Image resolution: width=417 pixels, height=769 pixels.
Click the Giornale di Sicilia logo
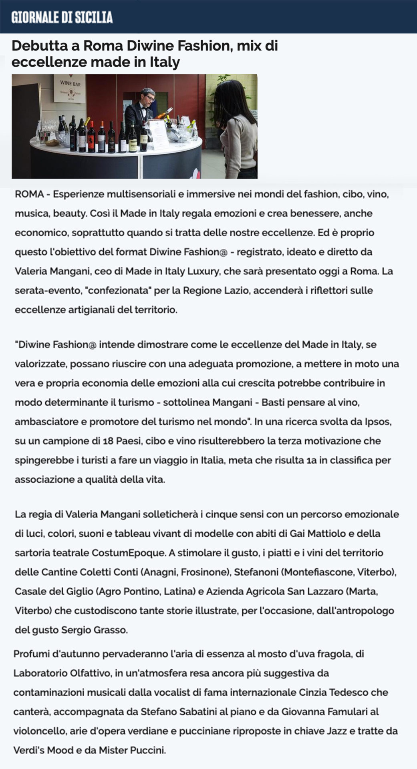(62, 17)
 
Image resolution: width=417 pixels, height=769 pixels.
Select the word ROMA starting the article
(29, 194)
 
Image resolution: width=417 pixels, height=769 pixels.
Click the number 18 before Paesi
(108, 441)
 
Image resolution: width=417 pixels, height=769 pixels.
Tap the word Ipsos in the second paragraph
(378, 422)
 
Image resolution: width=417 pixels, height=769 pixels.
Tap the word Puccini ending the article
(149, 750)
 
